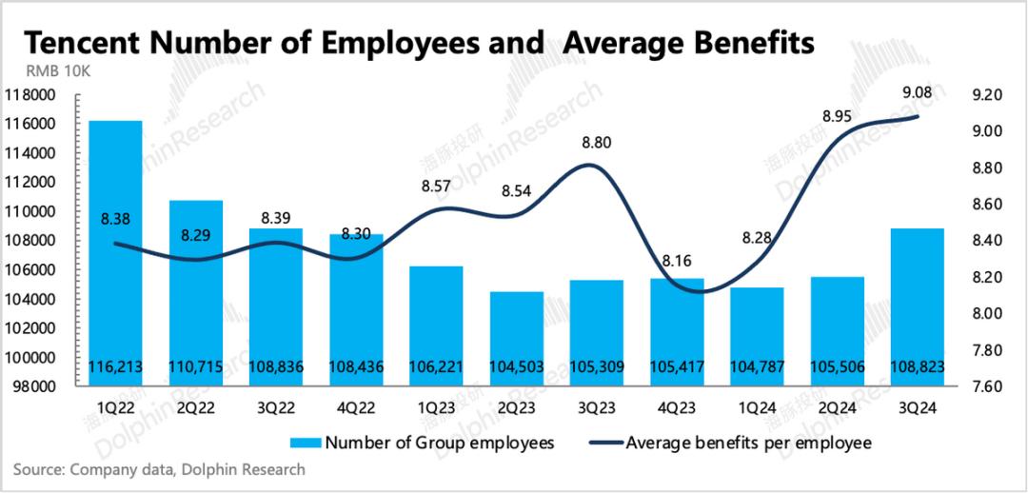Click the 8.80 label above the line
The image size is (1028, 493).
pyautogui.click(x=596, y=144)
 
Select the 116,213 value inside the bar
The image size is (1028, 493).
pyautogui.click(x=115, y=365)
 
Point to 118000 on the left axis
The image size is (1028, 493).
pyautogui.click(x=30, y=95)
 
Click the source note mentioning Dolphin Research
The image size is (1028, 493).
pyautogui.click(x=159, y=469)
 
